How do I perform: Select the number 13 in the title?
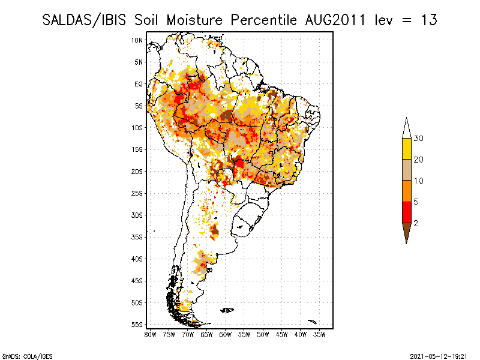point(428,20)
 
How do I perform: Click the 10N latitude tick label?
point(137,40)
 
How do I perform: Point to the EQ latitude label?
point(139,84)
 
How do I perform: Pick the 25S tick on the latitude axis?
point(137,193)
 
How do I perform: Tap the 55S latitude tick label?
point(137,325)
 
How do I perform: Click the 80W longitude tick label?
point(150,334)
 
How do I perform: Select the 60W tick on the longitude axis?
point(225,334)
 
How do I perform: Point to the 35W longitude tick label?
point(319,334)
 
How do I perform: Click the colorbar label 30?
point(419,139)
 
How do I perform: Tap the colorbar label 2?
point(416,223)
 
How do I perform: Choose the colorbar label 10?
point(419,181)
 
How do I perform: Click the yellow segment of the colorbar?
point(406,149)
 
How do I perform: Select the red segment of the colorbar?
point(406,212)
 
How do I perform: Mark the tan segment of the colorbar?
point(406,170)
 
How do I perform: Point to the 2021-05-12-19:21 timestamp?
point(438,355)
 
